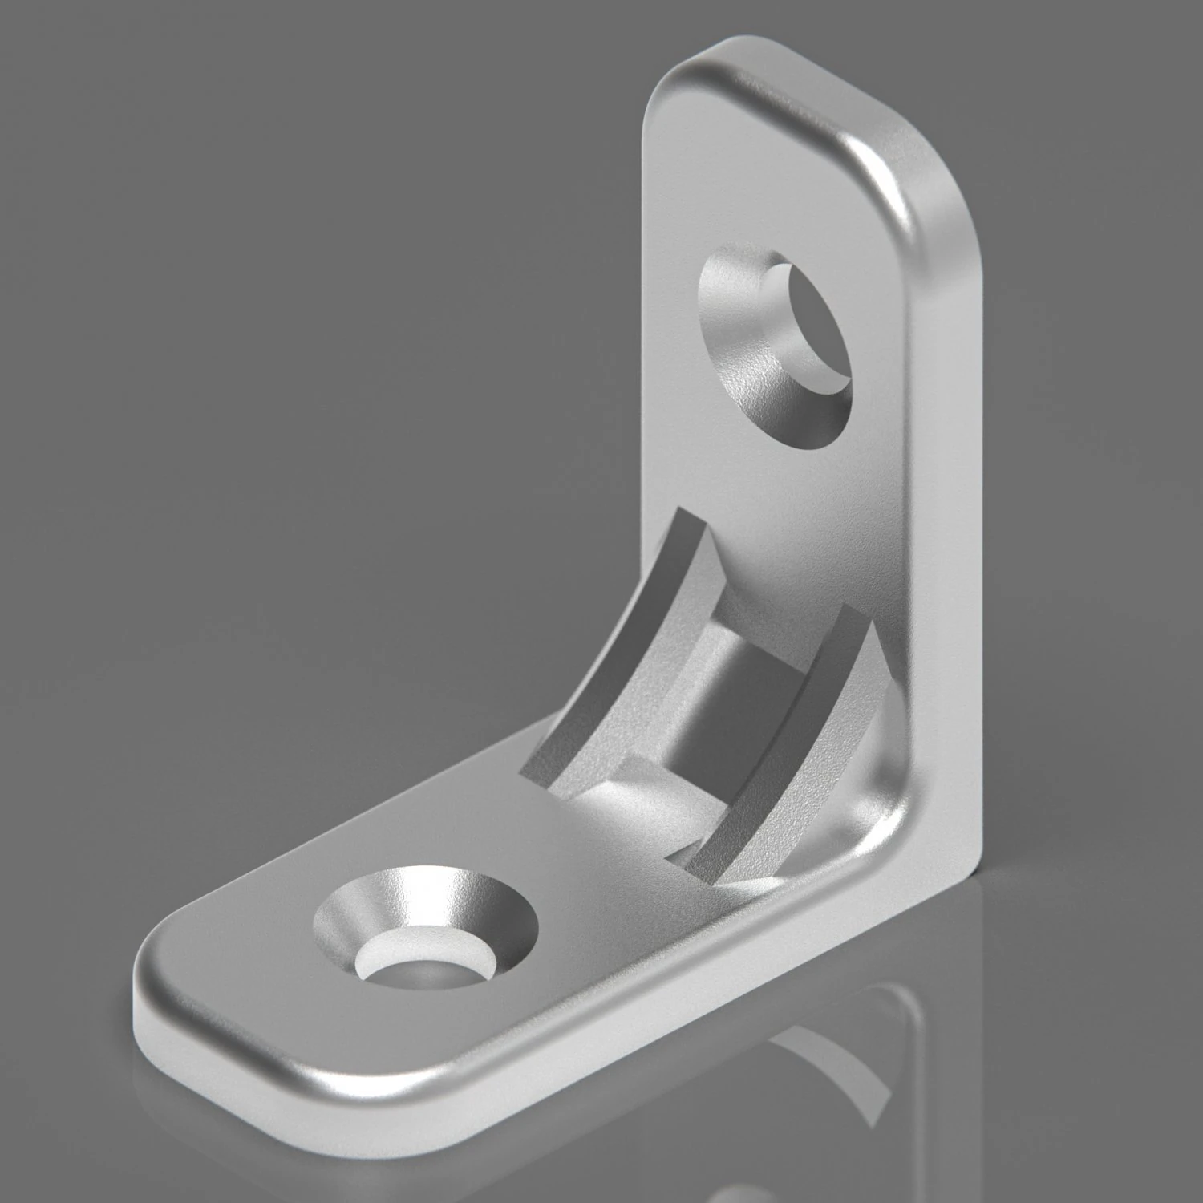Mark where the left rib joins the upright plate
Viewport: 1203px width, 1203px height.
point(682,521)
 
